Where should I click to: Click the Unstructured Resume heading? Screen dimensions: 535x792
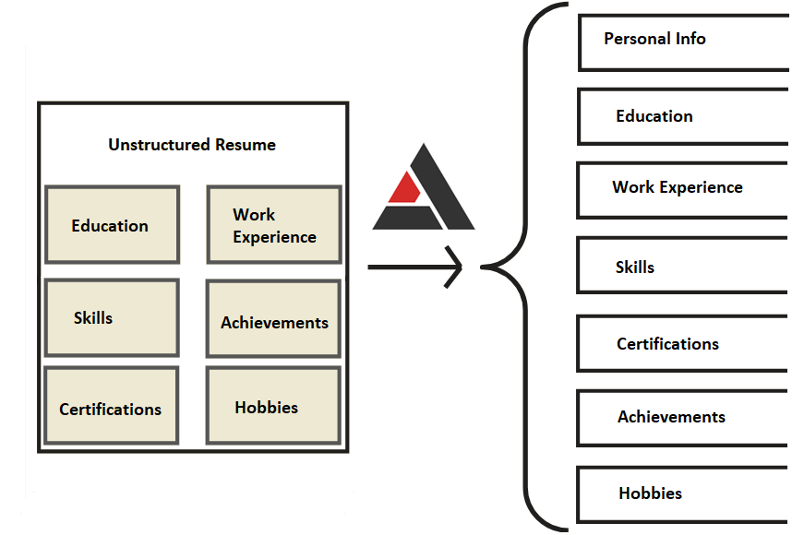(x=192, y=145)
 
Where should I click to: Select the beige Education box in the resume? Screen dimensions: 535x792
(x=111, y=225)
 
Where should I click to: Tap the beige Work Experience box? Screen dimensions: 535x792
(x=274, y=225)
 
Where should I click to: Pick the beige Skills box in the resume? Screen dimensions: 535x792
(x=111, y=317)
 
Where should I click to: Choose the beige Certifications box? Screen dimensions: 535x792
(x=111, y=406)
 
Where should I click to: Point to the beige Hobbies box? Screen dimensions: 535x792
(x=274, y=406)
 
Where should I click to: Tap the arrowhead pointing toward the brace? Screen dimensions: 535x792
(x=455, y=267)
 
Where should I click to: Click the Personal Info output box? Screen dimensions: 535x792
(x=683, y=42)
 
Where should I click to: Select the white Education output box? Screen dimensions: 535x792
(x=683, y=116)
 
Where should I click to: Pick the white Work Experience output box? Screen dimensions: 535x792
(x=683, y=189)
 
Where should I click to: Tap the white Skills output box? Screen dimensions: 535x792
(x=683, y=266)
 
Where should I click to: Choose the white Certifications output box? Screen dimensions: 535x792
(x=683, y=343)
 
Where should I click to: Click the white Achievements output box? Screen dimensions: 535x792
(x=683, y=417)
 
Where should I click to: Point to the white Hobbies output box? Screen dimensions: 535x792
(x=683, y=494)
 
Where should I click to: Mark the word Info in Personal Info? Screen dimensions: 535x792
(x=690, y=39)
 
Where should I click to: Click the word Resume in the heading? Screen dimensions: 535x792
(x=246, y=145)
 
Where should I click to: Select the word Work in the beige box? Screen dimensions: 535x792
(x=254, y=215)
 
